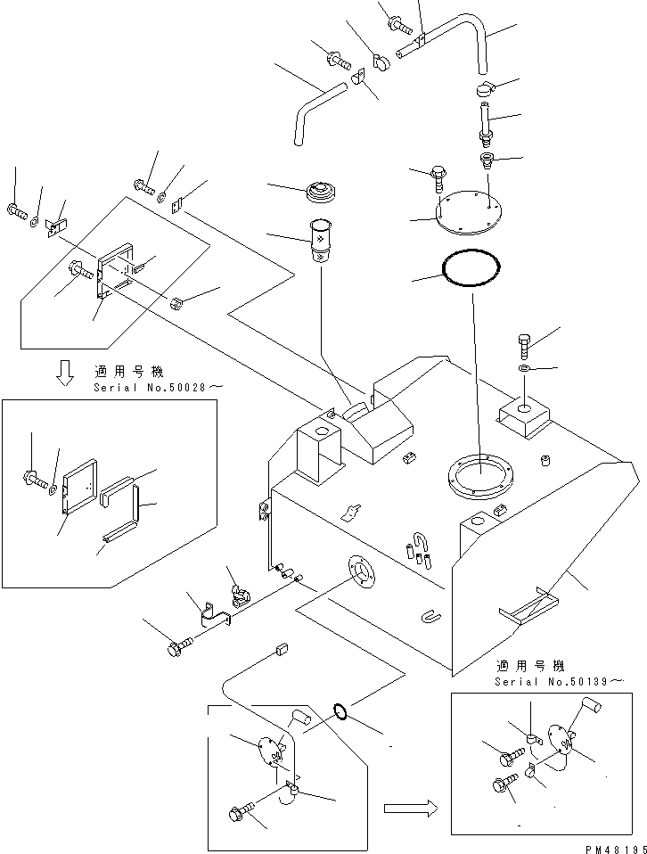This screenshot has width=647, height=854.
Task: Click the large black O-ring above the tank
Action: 471,267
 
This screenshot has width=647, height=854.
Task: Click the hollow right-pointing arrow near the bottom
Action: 408,808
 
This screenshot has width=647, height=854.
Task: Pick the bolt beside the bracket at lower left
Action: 179,646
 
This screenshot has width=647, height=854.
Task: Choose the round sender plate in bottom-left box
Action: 269,750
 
